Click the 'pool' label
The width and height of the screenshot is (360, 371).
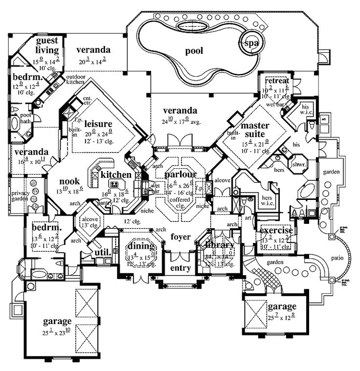pyautogui.click(x=194, y=50)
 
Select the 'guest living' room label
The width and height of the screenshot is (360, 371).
pyautogui.click(x=46, y=45)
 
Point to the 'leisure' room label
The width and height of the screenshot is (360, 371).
pyautogui.click(x=98, y=123)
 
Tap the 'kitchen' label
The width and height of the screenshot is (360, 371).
pyautogui.click(x=116, y=175)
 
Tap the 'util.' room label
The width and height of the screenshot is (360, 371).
pyautogui.click(x=101, y=252)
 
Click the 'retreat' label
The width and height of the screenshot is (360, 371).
pyautogui.click(x=277, y=81)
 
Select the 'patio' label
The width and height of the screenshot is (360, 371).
pyautogui.click(x=337, y=257)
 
